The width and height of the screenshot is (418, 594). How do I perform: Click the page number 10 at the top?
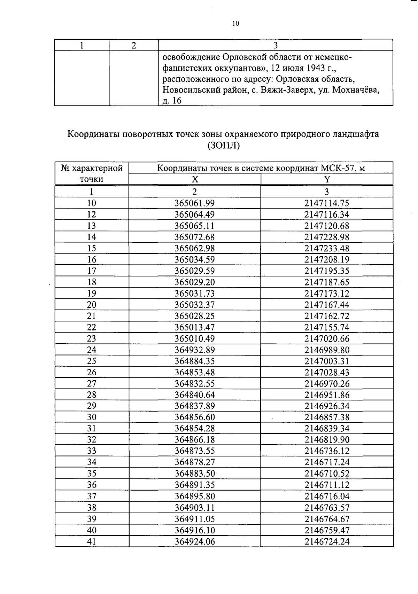[235, 24]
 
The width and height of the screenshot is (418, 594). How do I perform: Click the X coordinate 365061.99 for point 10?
[194, 203]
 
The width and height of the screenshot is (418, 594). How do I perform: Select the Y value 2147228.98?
[326, 237]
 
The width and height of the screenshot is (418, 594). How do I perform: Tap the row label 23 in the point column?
[91, 338]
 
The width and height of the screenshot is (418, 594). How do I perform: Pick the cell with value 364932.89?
[194, 350]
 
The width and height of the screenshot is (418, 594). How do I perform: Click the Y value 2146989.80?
[326, 350]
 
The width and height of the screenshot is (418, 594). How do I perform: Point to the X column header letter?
[195, 179]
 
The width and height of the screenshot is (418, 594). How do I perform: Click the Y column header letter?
[327, 179]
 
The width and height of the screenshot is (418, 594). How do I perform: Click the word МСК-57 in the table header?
[338, 169]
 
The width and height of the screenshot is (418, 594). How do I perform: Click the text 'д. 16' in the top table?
[172, 101]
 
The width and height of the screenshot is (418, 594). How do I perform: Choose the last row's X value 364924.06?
[194, 541]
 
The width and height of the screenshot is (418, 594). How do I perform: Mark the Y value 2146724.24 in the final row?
[326, 541]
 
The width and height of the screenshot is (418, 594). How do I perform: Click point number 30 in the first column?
[91, 417]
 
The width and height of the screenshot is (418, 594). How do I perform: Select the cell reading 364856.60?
[194, 417]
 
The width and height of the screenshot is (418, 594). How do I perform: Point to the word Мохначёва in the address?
[355, 90]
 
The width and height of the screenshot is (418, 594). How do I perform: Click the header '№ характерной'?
[92, 169]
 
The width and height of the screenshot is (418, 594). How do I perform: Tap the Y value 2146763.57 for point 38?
[326, 508]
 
